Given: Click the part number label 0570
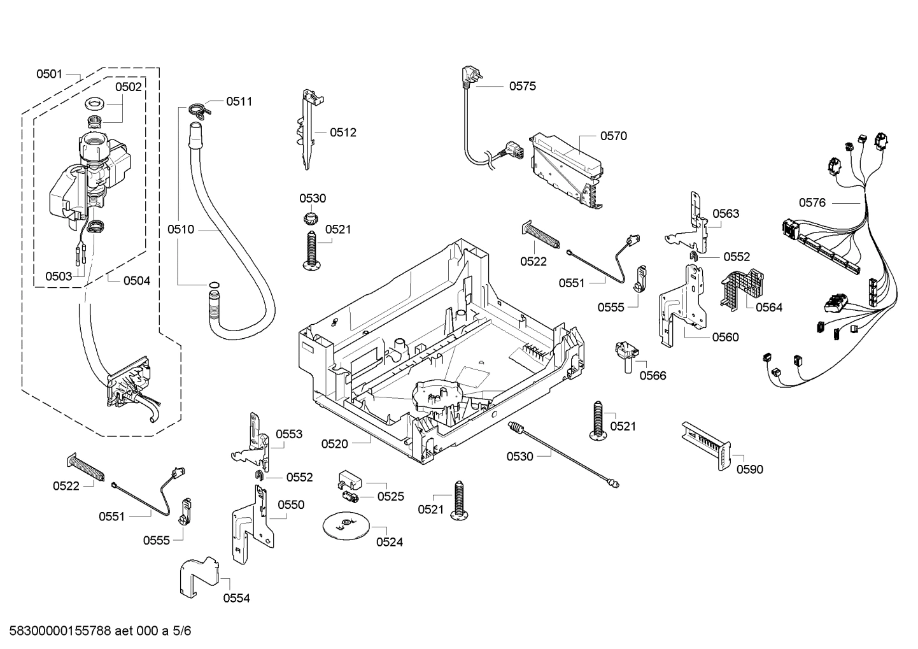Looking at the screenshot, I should (x=613, y=136).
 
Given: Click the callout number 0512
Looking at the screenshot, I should (x=343, y=132).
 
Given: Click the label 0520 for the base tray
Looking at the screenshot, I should (x=334, y=444).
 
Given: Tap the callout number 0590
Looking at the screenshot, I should (x=749, y=469).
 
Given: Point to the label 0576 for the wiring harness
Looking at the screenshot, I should (x=812, y=203).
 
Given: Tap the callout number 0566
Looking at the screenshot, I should (x=653, y=375).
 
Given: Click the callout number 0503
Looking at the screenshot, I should (x=58, y=276).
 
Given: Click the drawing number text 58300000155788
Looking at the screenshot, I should (x=57, y=631).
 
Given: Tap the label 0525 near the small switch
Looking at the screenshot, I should (x=390, y=496).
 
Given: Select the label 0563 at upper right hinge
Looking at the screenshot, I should (x=726, y=213).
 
